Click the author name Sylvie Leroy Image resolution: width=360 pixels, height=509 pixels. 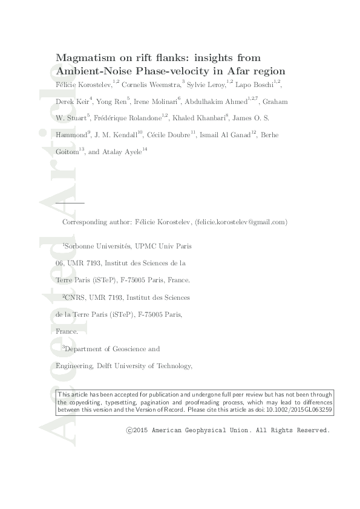206,85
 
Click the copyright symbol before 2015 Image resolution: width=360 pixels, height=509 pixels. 129,430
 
